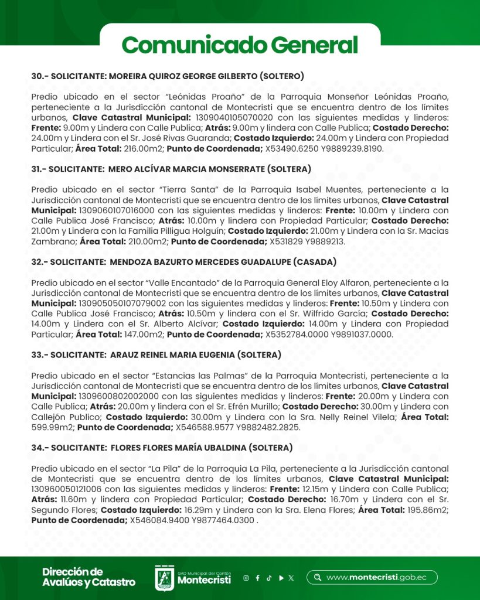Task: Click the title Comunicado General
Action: coord(240,45)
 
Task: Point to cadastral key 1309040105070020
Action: coord(226,117)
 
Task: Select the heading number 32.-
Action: coord(39,262)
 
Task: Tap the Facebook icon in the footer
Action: coord(257,578)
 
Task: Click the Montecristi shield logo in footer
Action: coord(164,578)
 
